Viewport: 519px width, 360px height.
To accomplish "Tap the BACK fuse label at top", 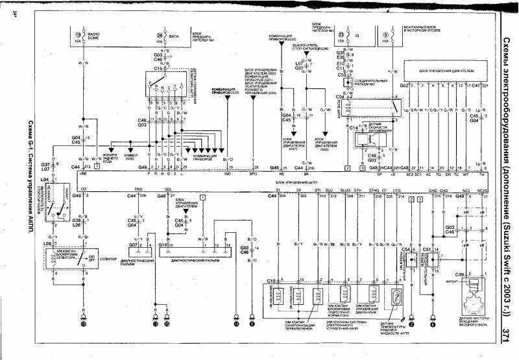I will coord(173,35).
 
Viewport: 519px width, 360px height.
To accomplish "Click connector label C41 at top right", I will coord(475,85).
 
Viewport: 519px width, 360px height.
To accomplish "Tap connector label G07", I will coord(132,245).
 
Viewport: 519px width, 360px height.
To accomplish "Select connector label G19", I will coord(163,245).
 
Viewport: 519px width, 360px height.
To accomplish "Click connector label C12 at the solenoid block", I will coord(272,280).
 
